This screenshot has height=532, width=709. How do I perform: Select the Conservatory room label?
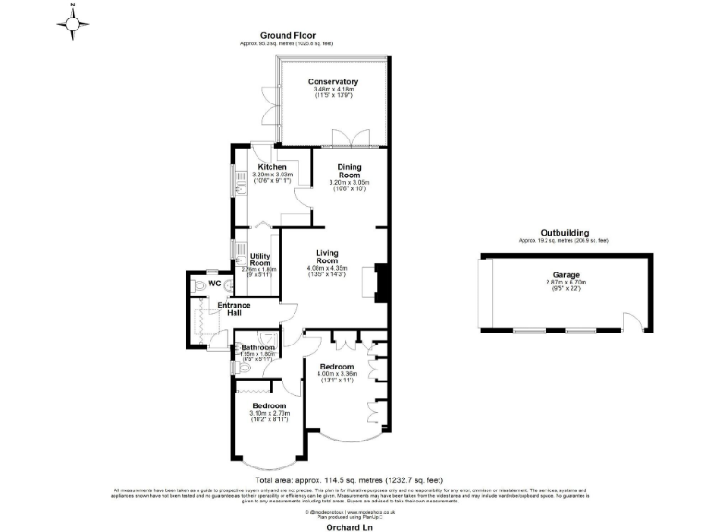(x=333, y=82)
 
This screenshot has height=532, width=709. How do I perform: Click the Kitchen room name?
(x=272, y=167)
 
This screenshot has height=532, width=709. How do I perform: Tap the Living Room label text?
(x=329, y=257)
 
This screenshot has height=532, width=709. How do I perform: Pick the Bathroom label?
(x=258, y=347)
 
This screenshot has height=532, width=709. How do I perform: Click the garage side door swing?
(x=632, y=322)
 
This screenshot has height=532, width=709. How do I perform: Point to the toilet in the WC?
(x=198, y=288)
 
